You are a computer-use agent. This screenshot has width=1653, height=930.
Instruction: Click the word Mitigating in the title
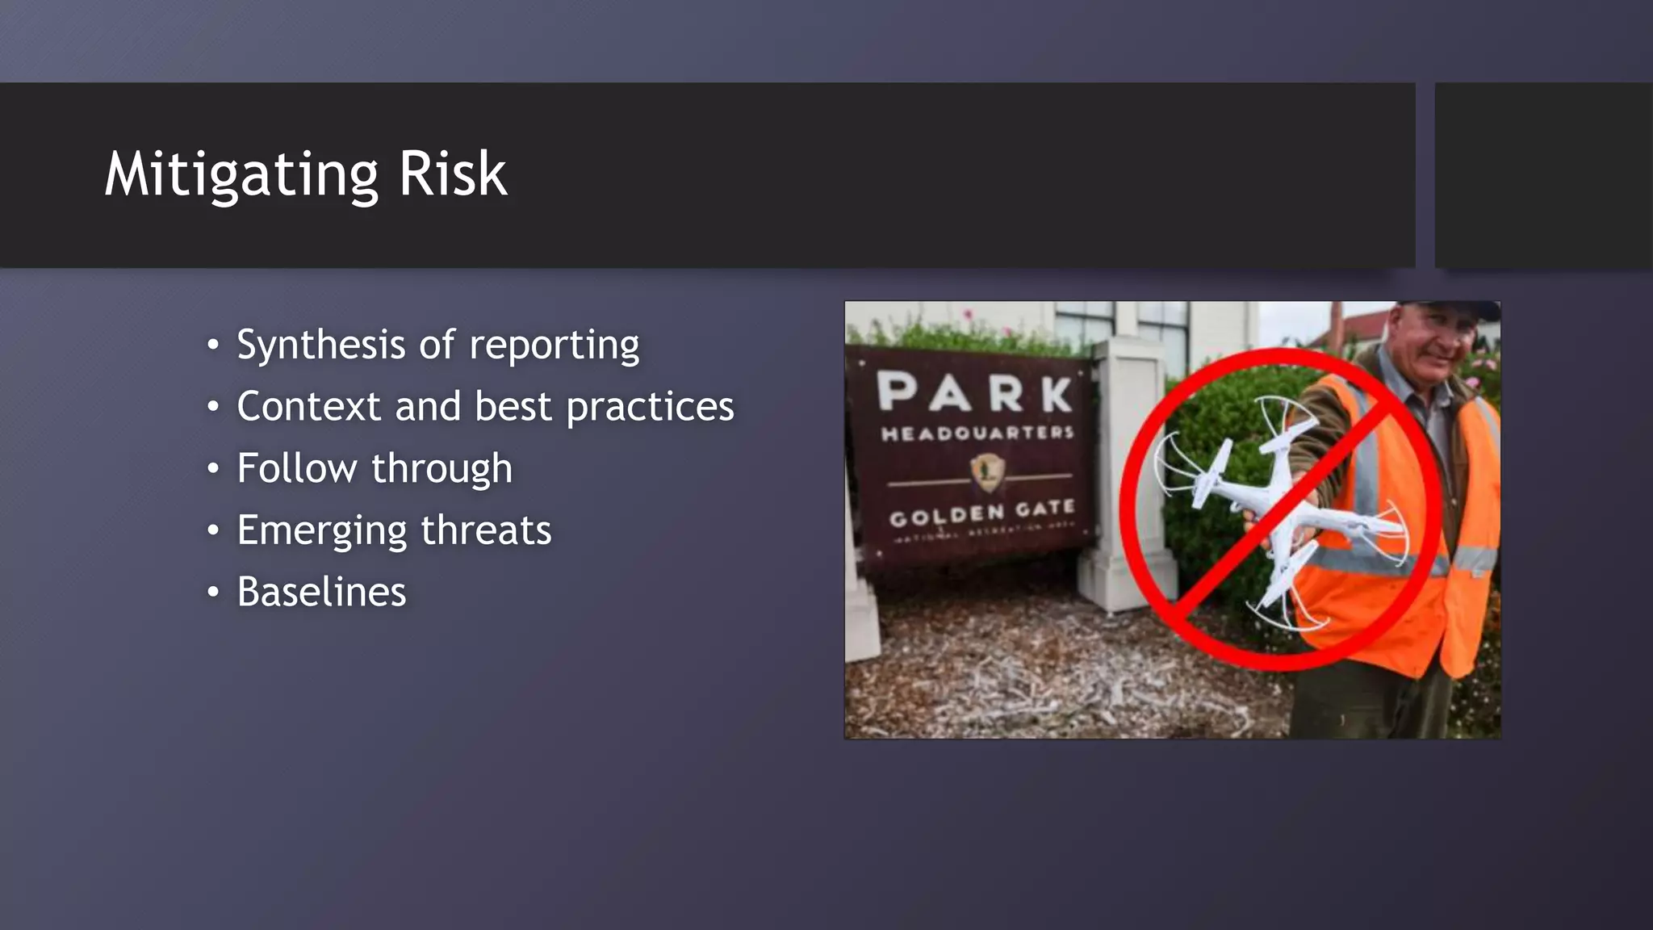click(241, 174)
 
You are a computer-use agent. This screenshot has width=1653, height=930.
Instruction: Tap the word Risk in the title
click(453, 174)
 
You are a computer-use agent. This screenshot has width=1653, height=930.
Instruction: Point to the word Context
click(308, 406)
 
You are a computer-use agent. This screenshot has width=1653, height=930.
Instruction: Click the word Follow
click(296, 468)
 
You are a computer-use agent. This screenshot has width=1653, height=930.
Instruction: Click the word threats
click(486, 530)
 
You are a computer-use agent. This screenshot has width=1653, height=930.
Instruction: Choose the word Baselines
click(321, 592)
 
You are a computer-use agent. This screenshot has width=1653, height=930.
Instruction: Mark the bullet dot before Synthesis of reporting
click(212, 346)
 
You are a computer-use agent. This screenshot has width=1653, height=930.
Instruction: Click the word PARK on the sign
click(974, 393)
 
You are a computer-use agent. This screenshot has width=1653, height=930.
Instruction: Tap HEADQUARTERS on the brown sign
click(977, 434)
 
